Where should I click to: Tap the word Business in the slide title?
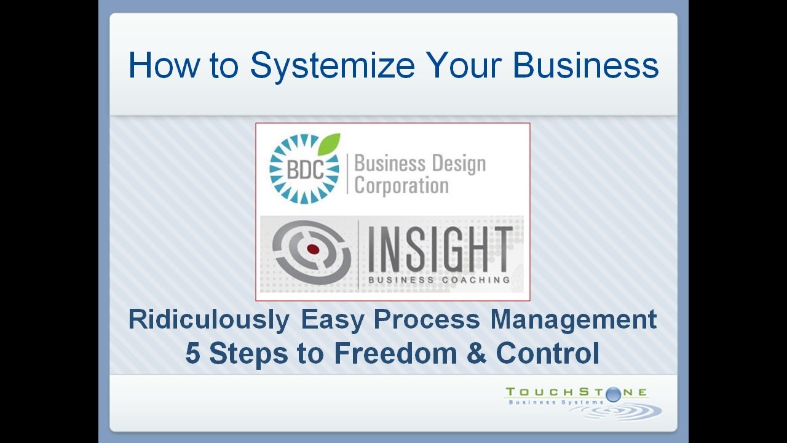pos(585,65)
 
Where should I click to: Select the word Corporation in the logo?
pos(401,186)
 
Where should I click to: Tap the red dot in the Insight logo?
pos(312,249)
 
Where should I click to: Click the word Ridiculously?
pos(208,320)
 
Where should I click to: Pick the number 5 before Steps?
pos(193,354)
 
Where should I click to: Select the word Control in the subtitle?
pos(547,354)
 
